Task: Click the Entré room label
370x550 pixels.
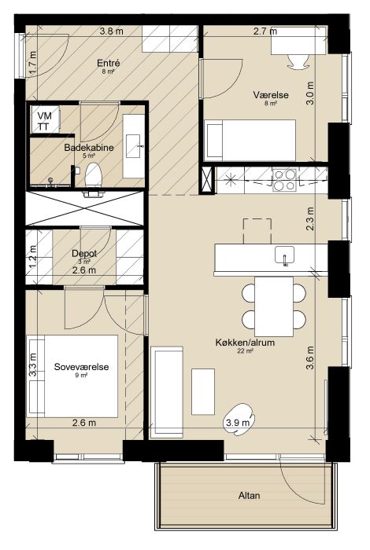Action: pos(109,63)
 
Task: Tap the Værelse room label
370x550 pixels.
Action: pos(271,95)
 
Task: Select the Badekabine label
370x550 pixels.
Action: pos(89,148)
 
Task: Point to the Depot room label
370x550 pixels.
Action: pos(84,253)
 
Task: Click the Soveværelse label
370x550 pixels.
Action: pos(82,367)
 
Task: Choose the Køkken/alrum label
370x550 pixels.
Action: pos(246,343)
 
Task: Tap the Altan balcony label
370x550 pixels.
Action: pos(249,496)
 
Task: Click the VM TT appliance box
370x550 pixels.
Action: pos(45,120)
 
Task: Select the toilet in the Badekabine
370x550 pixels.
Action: pos(94,175)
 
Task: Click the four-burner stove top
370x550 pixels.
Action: pos(285,180)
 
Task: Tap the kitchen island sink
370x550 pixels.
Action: pos(285,256)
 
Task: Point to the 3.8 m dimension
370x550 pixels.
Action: pos(111,31)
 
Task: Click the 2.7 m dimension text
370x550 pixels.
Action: pos(265,31)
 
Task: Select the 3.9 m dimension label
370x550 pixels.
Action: pos(238,423)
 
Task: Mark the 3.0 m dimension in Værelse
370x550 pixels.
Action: pos(310,93)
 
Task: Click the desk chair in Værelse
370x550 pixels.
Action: pos(298,62)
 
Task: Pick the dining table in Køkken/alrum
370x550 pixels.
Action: pos(274,306)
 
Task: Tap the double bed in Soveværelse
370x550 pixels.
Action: pos(72,376)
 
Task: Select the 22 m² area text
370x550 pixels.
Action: pos(246,350)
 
